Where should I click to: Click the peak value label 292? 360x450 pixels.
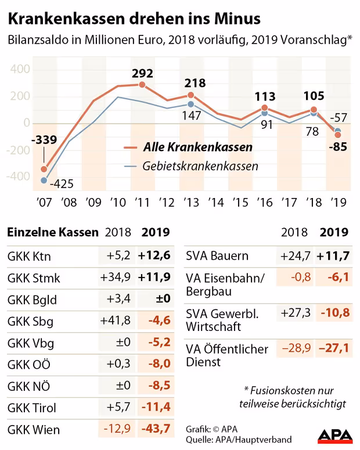[x=142, y=74]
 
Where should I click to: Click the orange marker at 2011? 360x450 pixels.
[x=142, y=85]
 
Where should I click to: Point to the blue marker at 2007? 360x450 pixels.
[x=44, y=181]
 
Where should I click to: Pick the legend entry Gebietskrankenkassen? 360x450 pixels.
[x=200, y=166]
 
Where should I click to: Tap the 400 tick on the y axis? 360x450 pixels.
[x=19, y=69]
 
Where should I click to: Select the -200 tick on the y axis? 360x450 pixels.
[x=17, y=150]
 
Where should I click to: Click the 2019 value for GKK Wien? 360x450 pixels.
[x=156, y=430]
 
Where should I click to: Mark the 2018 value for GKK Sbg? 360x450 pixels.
[x=118, y=321]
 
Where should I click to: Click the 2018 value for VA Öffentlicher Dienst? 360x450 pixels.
[x=296, y=349]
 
